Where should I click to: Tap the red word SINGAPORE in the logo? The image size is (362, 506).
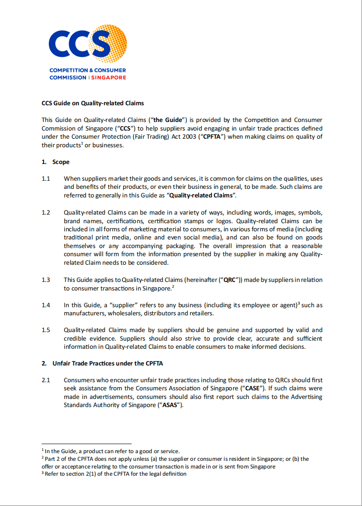109,77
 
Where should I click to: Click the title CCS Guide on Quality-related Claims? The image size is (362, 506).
93,103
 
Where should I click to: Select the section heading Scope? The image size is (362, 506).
61,162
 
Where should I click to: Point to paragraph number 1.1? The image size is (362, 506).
46,178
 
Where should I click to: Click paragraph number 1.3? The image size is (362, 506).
46,280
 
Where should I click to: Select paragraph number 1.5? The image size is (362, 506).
46,330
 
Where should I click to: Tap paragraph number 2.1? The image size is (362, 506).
46,380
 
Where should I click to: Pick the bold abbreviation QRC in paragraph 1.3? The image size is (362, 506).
228,280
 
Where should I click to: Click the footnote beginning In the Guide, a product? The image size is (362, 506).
111,451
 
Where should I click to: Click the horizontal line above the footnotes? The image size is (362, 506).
86,444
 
